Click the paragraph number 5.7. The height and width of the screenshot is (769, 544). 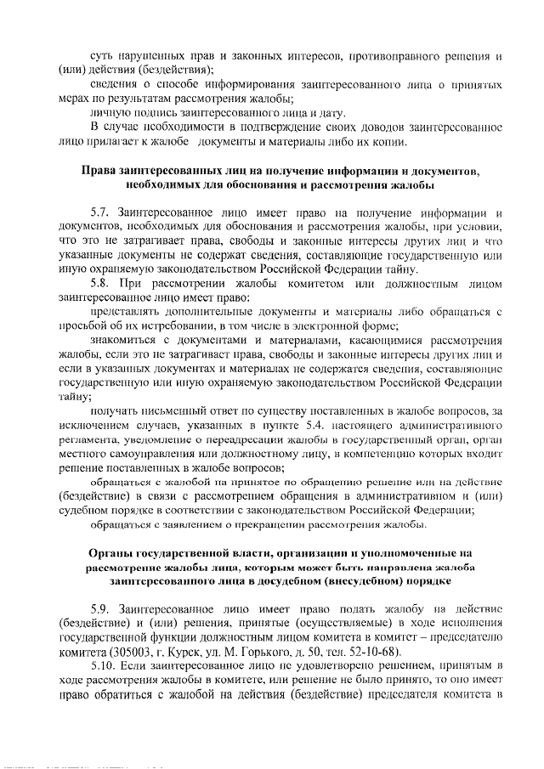pyautogui.click(x=102, y=210)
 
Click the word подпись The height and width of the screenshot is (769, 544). pyautogui.click(x=148, y=111)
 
